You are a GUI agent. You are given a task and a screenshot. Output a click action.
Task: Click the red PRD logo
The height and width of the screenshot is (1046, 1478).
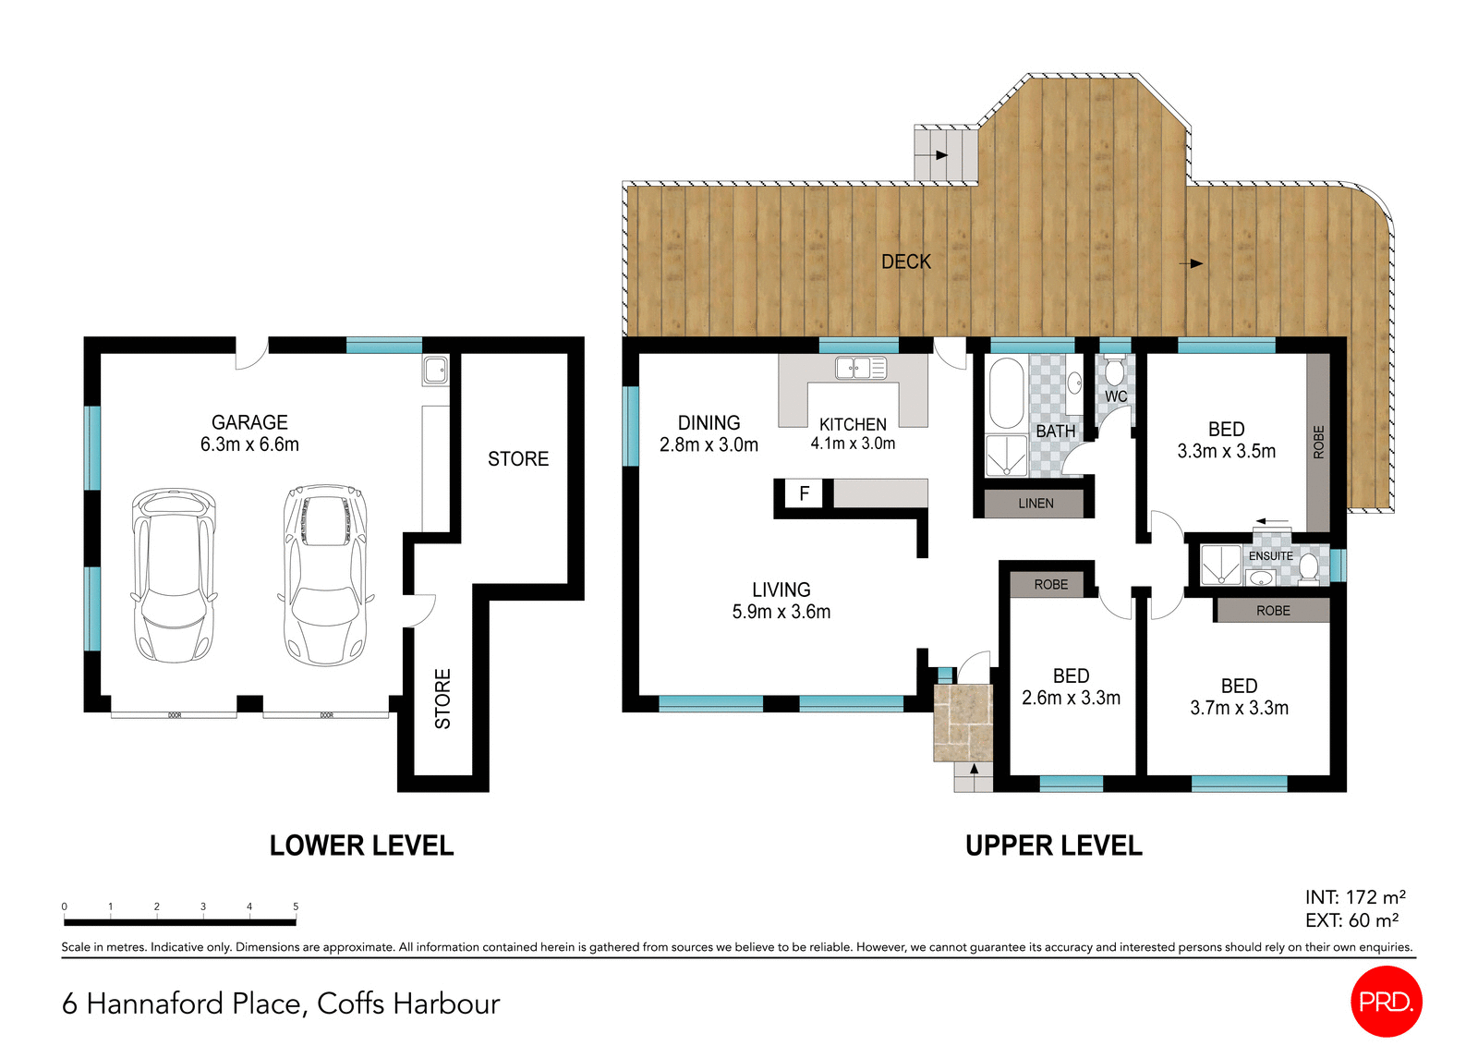pos(1386,1002)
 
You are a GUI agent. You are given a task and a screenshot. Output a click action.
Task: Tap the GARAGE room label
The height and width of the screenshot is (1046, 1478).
pos(249,422)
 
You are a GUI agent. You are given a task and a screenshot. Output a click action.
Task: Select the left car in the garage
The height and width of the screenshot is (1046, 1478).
pos(174,575)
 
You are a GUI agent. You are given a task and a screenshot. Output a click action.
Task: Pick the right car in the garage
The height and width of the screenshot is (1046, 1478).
pos(325,575)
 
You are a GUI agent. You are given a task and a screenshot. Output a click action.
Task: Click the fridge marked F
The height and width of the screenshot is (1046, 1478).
pos(804,493)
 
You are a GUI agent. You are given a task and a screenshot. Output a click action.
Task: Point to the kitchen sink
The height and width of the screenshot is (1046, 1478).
pos(860,368)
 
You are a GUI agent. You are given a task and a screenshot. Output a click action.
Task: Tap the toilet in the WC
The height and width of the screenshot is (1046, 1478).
pos(1115,371)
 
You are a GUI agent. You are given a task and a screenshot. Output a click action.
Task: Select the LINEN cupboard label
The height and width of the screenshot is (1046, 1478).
pos(1036,504)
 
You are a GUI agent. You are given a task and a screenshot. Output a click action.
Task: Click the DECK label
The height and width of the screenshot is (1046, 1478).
pos(906,261)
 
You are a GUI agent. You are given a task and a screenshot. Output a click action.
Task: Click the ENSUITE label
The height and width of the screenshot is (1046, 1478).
pos(1270,556)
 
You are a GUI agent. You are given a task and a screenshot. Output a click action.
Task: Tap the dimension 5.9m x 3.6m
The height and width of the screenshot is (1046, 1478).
pos(781,612)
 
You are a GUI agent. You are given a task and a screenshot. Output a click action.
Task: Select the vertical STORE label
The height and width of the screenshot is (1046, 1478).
pos(443,699)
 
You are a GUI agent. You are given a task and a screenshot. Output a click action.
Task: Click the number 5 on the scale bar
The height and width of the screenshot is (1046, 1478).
pos(296,906)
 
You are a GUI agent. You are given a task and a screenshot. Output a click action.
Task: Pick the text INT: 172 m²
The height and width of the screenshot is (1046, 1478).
pos(1354,897)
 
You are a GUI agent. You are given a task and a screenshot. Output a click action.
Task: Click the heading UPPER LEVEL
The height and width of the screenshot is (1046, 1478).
pos(1053,845)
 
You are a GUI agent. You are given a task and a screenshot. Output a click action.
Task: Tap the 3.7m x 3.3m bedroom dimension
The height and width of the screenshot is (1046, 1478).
pos(1239,708)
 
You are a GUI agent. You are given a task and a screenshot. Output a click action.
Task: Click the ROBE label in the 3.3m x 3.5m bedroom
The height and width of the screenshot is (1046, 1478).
pos(1318,442)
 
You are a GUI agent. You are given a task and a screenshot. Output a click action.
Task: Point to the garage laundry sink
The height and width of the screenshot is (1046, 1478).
pos(435,371)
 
